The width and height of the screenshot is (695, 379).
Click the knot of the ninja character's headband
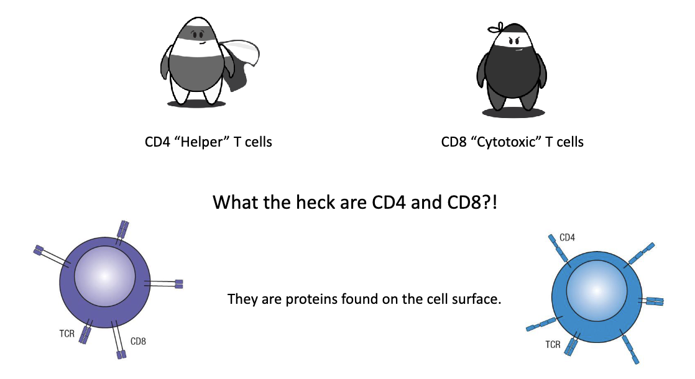point(493,29)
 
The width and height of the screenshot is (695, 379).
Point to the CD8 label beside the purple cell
point(138,341)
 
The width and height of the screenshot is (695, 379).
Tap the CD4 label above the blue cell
point(567,237)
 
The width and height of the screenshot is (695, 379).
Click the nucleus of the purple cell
point(103,276)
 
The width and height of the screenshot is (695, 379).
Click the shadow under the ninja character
point(513,112)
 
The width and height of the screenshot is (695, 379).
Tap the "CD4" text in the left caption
point(157,142)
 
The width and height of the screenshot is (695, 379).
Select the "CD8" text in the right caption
point(454,142)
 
